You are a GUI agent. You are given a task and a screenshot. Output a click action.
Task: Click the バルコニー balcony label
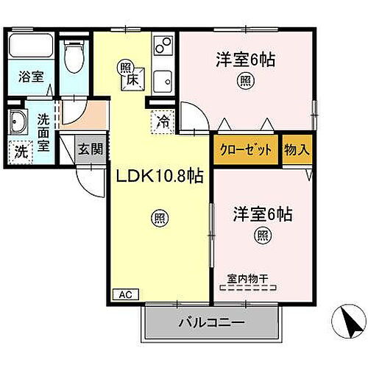[211, 322]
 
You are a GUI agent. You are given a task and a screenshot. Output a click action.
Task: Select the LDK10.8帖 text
[158, 177]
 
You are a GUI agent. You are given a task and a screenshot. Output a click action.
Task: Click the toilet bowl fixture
[74, 57]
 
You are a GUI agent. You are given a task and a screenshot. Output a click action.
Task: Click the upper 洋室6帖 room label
[245, 60]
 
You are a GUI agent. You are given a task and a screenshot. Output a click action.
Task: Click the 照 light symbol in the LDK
[158, 217]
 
